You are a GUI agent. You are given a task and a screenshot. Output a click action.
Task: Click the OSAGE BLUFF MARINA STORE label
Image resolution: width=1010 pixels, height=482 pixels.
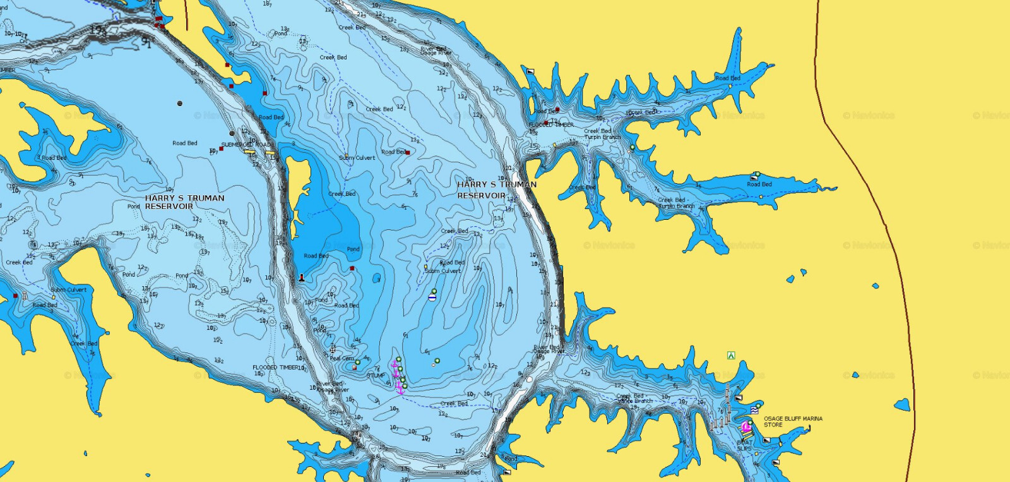pos(793,421)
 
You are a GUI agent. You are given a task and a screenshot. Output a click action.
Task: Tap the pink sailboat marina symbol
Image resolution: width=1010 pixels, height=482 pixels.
pos(747,427)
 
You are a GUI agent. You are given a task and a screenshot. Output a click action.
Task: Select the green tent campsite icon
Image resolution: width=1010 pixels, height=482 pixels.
pos(731,356)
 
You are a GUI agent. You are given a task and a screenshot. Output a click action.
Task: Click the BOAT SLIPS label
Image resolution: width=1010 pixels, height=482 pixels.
pos(744,445)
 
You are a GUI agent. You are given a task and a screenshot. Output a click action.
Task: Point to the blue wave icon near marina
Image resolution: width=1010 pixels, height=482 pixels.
pos(754,410)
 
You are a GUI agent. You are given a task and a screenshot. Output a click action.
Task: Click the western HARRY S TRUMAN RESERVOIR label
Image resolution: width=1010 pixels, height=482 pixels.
pos(184,202)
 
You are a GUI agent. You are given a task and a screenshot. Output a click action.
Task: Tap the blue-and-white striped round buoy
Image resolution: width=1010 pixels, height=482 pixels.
pos(432,297)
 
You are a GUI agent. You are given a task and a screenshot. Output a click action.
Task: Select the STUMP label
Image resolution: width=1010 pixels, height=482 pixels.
pos(376,375)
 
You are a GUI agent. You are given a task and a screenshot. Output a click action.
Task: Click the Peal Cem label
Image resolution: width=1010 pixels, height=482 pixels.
pos(342,358)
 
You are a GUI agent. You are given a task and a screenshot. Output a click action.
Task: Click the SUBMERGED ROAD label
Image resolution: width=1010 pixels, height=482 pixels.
pos(246,145)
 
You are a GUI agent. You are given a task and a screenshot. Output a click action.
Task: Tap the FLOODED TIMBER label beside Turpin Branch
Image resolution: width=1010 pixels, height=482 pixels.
pos(551,125)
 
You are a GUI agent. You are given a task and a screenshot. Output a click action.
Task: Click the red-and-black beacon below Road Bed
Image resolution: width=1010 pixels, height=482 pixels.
pos(301,277)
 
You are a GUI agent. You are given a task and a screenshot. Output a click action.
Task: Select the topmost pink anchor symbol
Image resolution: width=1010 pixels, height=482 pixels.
pos(395,365)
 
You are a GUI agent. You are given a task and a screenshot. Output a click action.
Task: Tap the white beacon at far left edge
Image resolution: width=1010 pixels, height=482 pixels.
pos(25,295)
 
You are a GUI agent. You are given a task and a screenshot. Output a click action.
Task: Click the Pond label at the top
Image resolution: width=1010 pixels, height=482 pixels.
pos(280,33)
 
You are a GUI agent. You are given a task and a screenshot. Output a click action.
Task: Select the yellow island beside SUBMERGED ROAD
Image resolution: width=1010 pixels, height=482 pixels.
pos(297,183)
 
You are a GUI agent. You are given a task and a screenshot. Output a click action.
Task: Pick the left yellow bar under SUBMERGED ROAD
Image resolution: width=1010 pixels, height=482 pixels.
pos(249,152)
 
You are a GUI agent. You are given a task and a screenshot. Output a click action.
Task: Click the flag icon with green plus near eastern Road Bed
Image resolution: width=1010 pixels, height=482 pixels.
pos(754,176)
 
